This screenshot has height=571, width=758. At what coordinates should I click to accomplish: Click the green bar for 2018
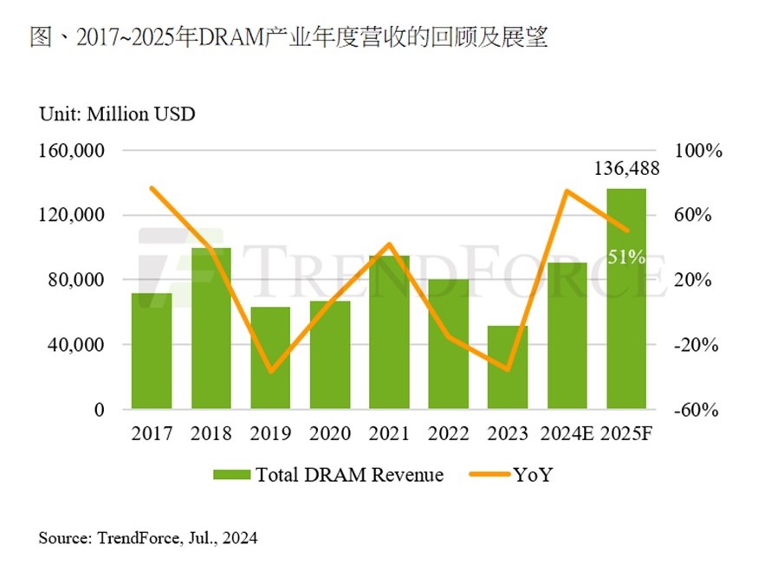click(211, 328)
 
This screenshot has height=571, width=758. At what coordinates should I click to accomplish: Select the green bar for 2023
click(508, 367)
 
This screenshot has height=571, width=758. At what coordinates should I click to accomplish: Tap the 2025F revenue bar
click(626, 299)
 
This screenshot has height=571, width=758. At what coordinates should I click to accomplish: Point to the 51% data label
click(626, 256)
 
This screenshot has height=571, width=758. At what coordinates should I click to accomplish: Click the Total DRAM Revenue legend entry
click(328, 475)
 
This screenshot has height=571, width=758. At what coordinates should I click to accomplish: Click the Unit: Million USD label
click(117, 114)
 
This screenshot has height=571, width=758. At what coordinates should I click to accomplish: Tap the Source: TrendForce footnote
click(147, 538)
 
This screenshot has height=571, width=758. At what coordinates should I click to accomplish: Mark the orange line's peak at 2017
click(152, 188)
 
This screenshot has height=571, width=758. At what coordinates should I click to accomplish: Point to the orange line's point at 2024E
click(567, 191)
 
